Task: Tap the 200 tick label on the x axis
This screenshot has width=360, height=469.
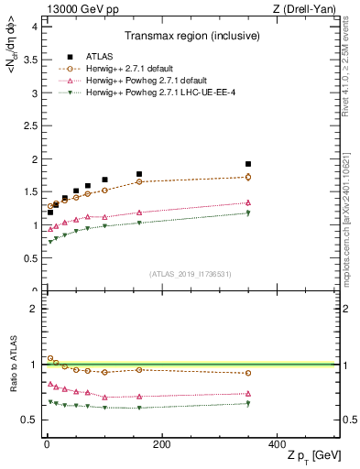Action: (161, 445)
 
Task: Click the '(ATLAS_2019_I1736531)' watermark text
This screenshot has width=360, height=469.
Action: (190, 274)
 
